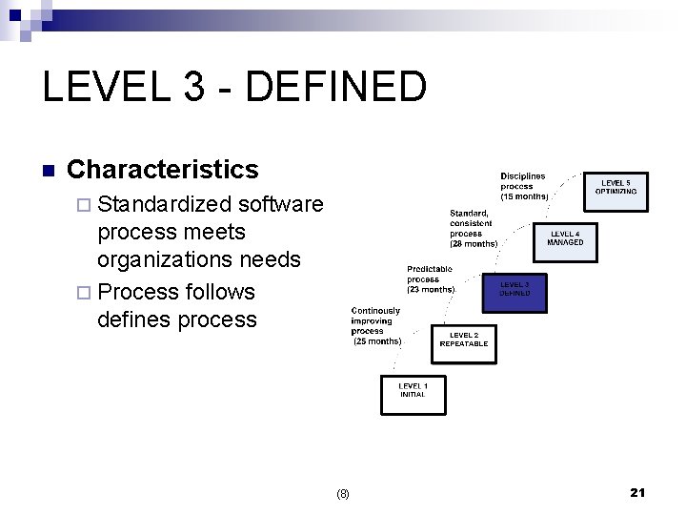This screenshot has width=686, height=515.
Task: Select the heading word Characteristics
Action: [x=163, y=170]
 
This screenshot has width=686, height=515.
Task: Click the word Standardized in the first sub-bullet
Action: [x=165, y=204]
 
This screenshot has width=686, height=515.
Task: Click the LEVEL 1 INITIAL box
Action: [x=413, y=395]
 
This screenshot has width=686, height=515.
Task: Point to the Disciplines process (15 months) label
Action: [x=524, y=186]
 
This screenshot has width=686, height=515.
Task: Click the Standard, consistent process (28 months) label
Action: [x=474, y=228]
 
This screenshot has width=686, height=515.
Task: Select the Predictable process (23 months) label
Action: [x=430, y=279]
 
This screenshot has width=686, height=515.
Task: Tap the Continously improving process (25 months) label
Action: [x=376, y=325]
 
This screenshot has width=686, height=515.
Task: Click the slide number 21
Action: [x=637, y=492]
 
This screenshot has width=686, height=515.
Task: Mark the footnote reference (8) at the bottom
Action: [x=343, y=493]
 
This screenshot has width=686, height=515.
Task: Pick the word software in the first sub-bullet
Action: [x=281, y=204]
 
